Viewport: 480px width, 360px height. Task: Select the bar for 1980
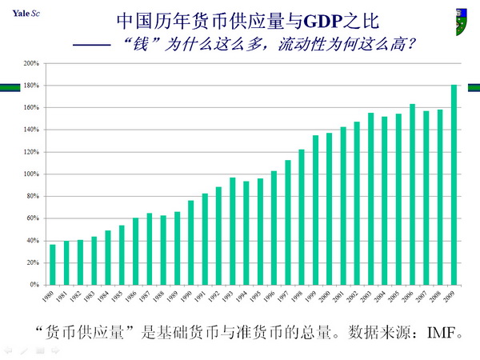click(x=53, y=264)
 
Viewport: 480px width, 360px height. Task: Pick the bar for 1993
click(x=233, y=231)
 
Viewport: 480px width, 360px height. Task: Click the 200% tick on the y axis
click(x=32, y=63)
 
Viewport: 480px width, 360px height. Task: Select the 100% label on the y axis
click(x=32, y=174)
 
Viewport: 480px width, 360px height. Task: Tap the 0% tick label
click(x=35, y=284)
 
